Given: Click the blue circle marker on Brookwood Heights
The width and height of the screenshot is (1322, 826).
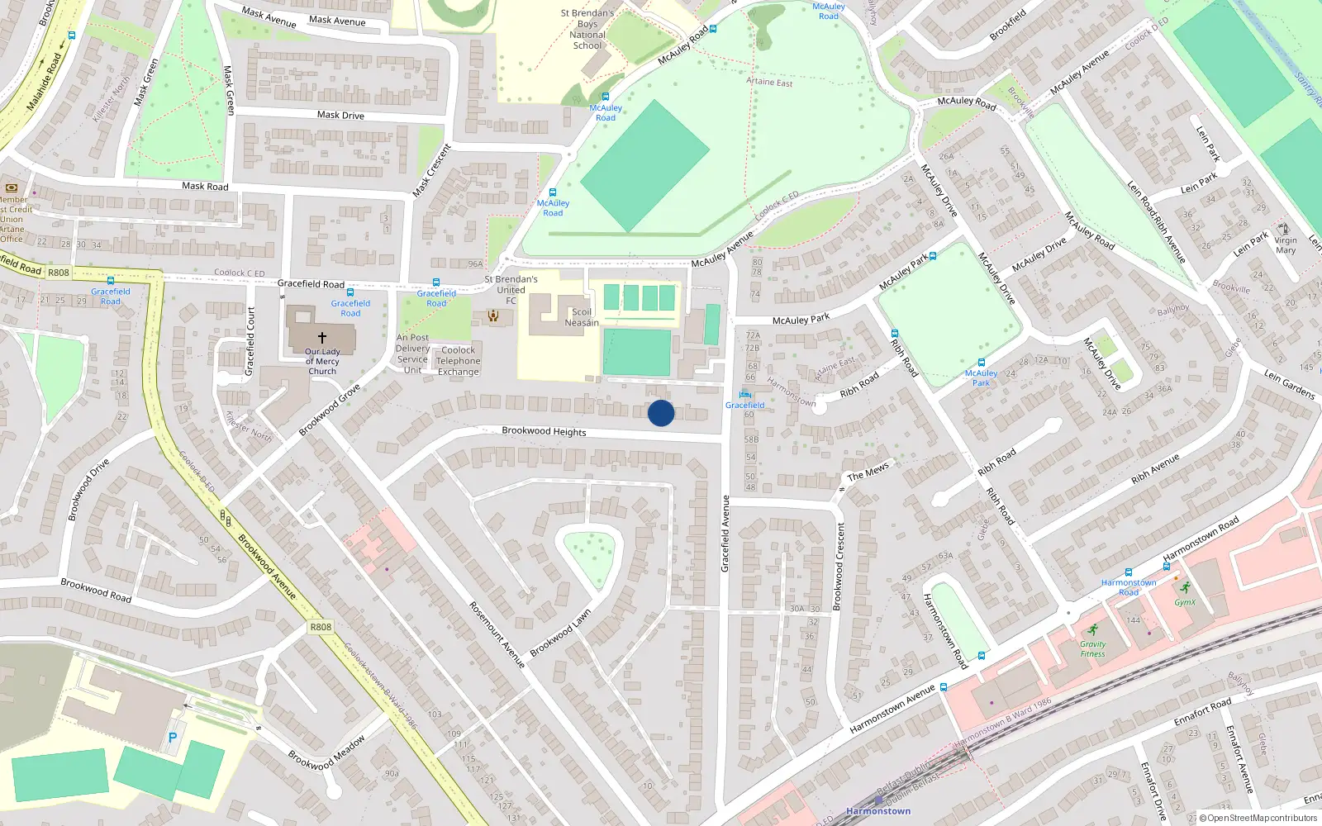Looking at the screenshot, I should coord(661,413).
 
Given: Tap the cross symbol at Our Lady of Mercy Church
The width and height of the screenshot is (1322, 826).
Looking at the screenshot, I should coord(322,338).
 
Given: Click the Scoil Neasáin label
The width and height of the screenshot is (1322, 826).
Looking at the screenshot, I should coord(582,318).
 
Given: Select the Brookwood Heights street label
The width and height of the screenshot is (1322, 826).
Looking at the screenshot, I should coord(544,431).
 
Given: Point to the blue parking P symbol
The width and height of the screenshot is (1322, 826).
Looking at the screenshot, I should coord(173,738).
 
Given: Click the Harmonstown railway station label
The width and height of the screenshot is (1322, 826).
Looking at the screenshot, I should coord(878,811).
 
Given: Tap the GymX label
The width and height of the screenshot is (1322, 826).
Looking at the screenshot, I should coord(1185,602).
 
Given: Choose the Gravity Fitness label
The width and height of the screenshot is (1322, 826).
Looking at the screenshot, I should coord(1092,649).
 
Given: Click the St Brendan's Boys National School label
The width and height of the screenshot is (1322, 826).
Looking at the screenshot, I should coord(587,30).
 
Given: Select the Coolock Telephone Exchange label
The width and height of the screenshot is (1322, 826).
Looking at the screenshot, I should coord(459,361).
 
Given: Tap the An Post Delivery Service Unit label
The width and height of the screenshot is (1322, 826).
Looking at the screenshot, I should coord(412,354).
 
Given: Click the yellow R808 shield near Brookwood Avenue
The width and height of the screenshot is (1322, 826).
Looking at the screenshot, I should coord(321,627).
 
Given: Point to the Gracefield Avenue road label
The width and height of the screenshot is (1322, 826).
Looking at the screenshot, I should coord(725,534).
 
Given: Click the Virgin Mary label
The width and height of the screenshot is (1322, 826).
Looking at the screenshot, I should coord(1286,245).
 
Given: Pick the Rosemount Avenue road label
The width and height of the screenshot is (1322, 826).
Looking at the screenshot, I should coord(497,634).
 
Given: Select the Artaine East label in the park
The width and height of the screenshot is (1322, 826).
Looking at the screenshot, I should coord(769,82).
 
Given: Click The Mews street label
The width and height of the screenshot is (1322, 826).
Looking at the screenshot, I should coord(868,472).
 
